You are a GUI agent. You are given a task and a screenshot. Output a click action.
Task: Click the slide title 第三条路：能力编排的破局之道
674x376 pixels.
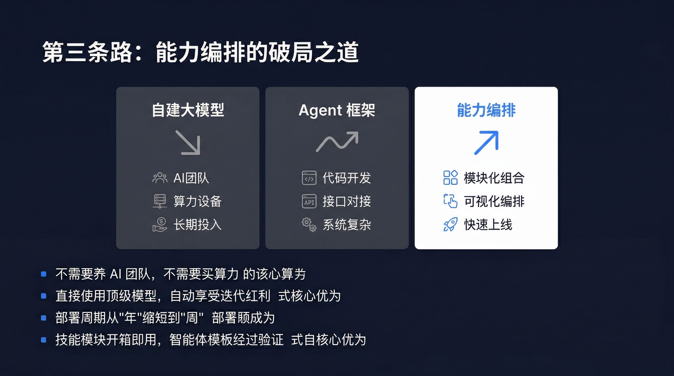[x=200, y=52]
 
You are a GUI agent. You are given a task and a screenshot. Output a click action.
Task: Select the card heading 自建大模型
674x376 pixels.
[x=188, y=110]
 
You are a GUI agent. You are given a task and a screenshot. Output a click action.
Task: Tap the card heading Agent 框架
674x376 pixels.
[x=337, y=110]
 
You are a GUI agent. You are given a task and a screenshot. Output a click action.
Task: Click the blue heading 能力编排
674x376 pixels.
[x=486, y=110]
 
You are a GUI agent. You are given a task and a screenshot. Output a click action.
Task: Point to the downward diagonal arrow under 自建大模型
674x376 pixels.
[x=188, y=142]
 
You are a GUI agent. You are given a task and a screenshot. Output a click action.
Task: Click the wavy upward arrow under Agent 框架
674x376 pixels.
[x=337, y=141]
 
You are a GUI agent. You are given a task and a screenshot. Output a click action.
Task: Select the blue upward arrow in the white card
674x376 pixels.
[x=486, y=143]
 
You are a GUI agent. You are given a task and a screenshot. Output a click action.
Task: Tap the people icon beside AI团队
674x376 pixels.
[x=160, y=178]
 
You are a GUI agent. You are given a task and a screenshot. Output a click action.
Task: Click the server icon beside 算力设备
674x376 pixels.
[x=160, y=201]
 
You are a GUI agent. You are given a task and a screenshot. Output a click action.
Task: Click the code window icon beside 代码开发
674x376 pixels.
[x=309, y=178]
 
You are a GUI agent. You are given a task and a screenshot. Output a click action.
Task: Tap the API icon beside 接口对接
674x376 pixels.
[x=309, y=201]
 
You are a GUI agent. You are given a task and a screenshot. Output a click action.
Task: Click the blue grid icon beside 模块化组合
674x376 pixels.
[x=450, y=178]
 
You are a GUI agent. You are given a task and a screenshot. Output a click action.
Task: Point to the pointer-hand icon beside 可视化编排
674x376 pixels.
[x=450, y=201]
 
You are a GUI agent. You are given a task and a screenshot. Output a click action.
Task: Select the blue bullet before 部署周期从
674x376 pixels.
[x=44, y=318]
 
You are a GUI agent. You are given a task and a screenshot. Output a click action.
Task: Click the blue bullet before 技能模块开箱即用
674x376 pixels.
[x=44, y=340]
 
